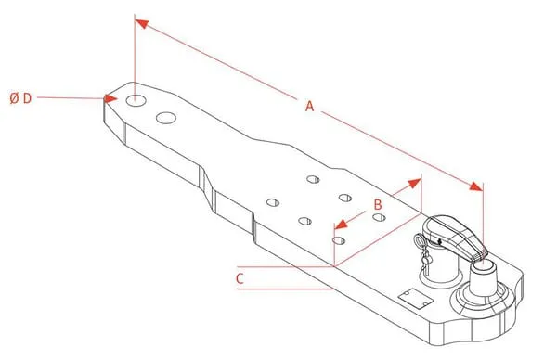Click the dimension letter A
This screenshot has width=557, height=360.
pyautogui.click(x=310, y=106)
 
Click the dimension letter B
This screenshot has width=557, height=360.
pyautogui.click(x=378, y=204)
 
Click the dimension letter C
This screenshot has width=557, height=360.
pyautogui.click(x=240, y=278)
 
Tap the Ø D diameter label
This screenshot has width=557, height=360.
pyautogui.click(x=21, y=98)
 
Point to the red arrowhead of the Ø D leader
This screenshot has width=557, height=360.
pyautogui.click(x=110, y=98)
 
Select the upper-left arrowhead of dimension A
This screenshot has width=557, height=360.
pyautogui.click(x=142, y=24)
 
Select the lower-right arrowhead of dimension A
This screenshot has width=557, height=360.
pyautogui.click(x=476, y=186)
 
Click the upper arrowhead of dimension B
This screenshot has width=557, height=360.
pyautogui.click(x=415, y=183)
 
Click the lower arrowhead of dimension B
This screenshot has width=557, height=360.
pyautogui.click(x=341, y=225)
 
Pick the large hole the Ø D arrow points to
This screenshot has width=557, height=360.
pyautogui.click(x=136, y=100)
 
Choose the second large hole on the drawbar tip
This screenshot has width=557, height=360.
pyautogui.click(x=166, y=118)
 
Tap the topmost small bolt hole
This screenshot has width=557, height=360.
pyautogui.click(x=313, y=179)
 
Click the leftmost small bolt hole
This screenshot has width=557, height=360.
pyautogui.click(x=272, y=202)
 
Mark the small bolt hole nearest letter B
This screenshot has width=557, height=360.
pyautogui.click(x=379, y=217)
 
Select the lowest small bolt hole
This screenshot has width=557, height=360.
pyautogui.click(x=339, y=240)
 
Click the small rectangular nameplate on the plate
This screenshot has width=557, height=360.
pyautogui.click(x=416, y=298)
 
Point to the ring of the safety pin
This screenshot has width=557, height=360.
pyautogui.click(x=419, y=240)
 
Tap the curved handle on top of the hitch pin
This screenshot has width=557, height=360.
pyautogui.click(x=455, y=236)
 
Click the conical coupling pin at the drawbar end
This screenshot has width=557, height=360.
pyautogui.click(x=483, y=276)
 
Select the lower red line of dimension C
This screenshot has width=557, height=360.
pyautogui.click(x=285, y=289)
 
